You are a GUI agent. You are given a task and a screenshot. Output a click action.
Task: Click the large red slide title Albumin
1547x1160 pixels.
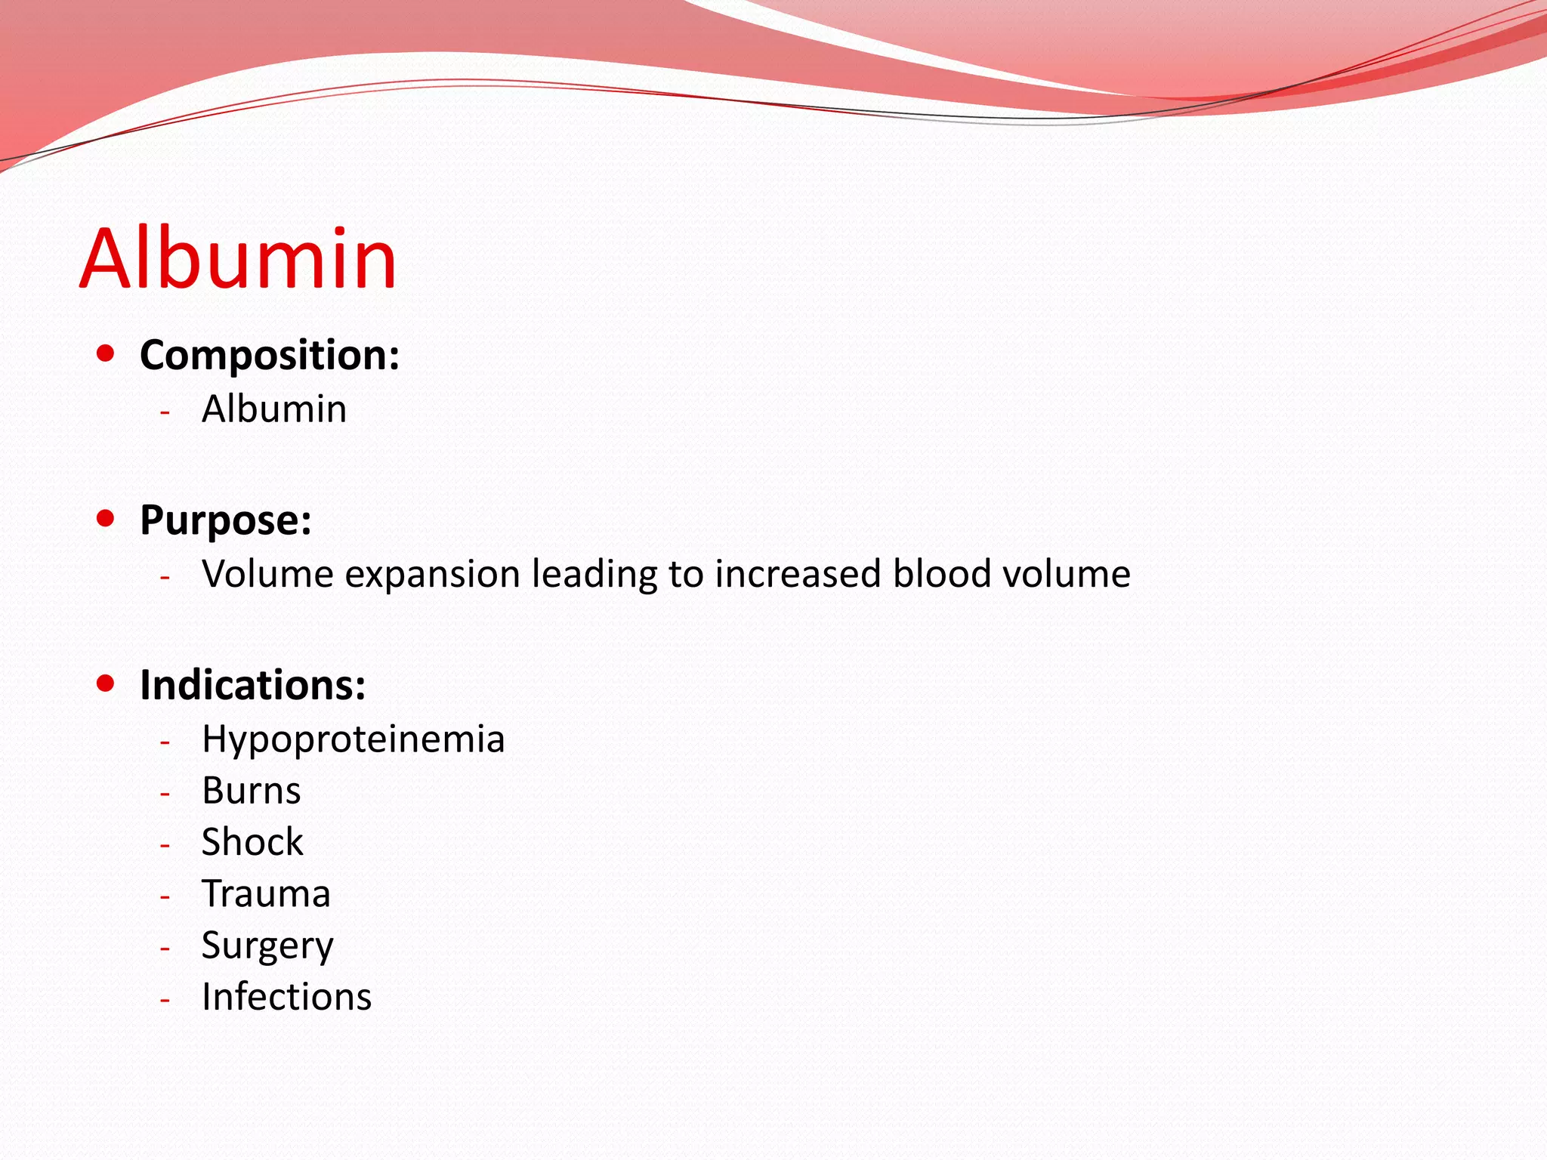coord(238,259)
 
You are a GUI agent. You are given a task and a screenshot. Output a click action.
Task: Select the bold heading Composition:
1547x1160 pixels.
coord(270,355)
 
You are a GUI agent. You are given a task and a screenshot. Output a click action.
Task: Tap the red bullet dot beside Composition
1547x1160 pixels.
coord(106,353)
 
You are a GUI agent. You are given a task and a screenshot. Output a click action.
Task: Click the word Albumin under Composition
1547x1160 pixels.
coord(274,409)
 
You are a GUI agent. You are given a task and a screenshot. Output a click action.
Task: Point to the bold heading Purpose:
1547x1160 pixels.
coord(226,520)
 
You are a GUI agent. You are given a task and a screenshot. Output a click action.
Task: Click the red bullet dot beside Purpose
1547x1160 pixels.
coord(106,518)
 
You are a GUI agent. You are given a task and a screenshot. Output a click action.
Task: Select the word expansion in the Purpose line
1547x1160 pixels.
coord(433,575)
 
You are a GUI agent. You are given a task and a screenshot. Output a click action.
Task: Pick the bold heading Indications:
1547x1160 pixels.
coord(253,685)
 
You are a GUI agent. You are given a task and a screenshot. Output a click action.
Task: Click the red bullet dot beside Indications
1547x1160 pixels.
coord(106,683)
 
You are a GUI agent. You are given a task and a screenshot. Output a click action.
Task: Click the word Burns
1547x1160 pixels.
coord(252,791)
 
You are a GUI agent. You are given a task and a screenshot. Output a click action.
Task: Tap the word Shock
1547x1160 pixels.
coord(252,843)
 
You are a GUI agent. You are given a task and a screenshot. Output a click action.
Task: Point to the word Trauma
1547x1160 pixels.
coord(266,894)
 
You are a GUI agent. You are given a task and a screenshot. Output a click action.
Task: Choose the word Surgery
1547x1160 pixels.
coord(267,947)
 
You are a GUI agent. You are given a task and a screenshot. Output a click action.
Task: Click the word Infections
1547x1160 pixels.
coord(287,997)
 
